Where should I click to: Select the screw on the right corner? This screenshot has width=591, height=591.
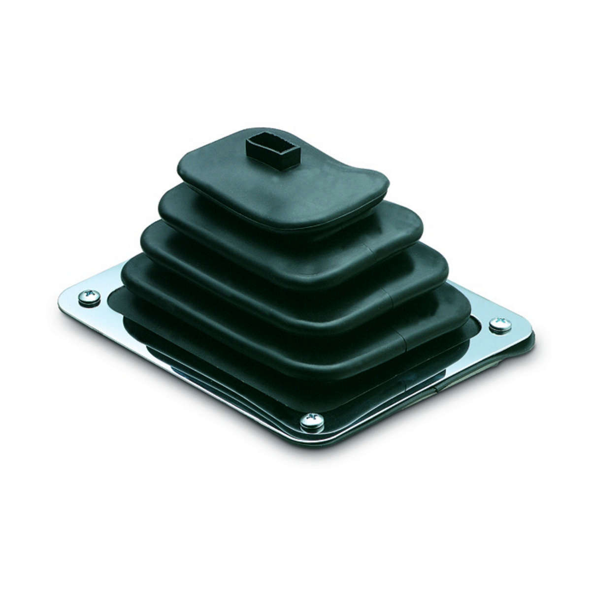(x=500, y=326)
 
